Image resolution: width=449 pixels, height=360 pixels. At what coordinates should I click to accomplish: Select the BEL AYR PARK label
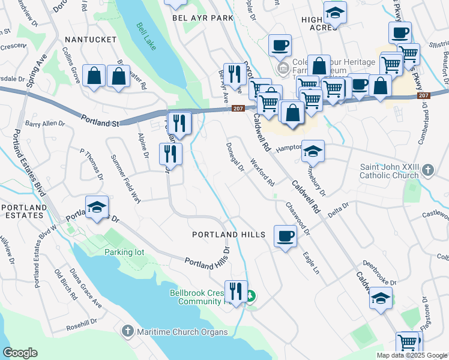pos(202,18)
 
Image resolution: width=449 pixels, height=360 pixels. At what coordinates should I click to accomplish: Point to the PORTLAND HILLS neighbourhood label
pos(228,235)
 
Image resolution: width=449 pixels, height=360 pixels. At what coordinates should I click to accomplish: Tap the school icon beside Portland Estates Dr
pos(95,208)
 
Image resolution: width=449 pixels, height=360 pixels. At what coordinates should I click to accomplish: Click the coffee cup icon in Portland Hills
pos(285,235)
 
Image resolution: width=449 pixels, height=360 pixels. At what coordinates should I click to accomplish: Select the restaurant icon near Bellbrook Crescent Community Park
pos(236,292)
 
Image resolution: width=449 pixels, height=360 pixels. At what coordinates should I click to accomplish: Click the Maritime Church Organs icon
pos(127,331)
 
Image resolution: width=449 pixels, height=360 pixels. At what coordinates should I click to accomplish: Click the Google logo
pos(20,353)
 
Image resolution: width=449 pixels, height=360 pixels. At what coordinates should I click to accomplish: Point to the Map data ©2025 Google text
pos(411,355)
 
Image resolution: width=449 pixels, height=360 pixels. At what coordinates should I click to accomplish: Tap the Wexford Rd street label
pos(262,172)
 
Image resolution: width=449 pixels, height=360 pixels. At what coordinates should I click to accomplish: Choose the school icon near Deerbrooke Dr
pos(381,298)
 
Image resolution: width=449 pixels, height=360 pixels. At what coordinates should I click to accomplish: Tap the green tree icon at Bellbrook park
pos(251,296)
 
